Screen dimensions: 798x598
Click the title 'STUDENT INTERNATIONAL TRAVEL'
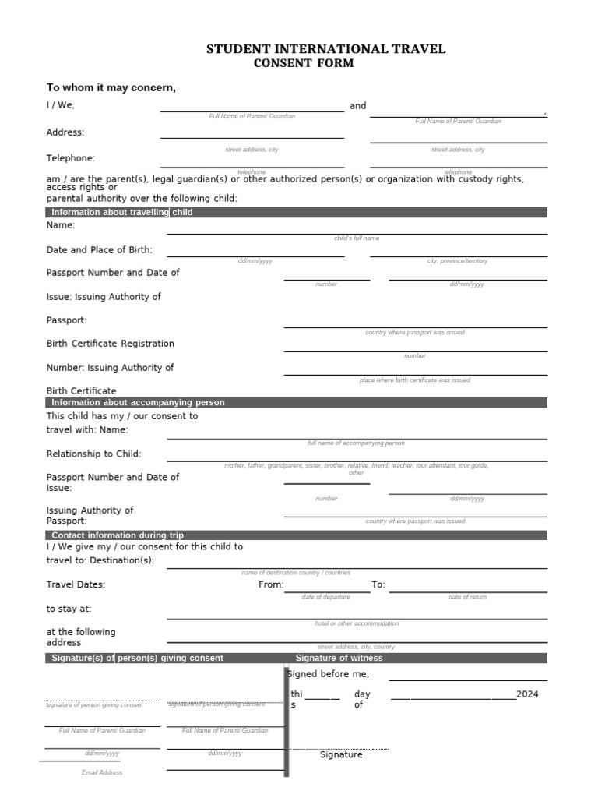click(325, 49)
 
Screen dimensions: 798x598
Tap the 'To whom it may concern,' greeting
click(111, 87)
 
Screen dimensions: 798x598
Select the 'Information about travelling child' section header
click(121, 212)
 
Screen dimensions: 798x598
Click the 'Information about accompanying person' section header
click(138, 403)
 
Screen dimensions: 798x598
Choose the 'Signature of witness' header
click(339, 658)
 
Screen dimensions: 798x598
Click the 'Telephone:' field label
click(71, 158)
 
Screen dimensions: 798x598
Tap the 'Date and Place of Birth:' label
click(100, 250)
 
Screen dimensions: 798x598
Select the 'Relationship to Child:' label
click(94, 454)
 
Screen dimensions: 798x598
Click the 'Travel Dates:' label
click(76, 584)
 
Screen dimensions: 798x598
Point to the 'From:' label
click(271, 584)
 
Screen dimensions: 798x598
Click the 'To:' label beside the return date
click(378, 584)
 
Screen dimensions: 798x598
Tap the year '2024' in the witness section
click(526, 694)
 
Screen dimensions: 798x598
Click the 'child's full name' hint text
click(357, 238)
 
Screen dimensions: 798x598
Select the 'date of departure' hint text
click(326, 597)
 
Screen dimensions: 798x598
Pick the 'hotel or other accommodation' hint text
click(357, 623)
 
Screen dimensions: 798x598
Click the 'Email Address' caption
click(102, 772)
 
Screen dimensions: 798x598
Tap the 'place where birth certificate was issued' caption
click(414, 380)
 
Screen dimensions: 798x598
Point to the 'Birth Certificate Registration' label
click(111, 344)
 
